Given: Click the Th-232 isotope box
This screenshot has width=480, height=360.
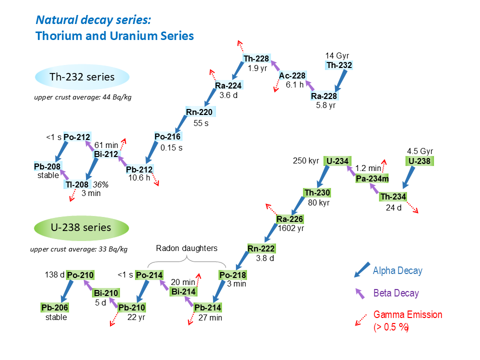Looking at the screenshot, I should (339, 65).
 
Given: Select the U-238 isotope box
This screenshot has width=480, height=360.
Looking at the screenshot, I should (419, 161).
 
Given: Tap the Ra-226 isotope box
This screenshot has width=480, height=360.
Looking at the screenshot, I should (290, 219).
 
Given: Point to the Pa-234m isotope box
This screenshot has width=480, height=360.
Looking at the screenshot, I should (372, 179).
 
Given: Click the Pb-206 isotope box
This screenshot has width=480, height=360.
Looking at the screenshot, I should (54, 307).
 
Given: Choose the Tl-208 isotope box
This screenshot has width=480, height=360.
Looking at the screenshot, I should (77, 185).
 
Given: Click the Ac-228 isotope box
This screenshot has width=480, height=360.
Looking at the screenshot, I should (292, 75).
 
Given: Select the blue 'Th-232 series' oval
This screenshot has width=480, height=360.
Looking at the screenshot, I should (82, 77).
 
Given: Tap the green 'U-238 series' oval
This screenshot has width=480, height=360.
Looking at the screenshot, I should (81, 227).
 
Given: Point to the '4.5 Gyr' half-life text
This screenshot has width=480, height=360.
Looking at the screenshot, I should (420, 151).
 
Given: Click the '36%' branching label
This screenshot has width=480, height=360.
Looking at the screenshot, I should (102, 184).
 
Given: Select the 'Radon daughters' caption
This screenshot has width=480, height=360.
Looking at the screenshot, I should (187, 248).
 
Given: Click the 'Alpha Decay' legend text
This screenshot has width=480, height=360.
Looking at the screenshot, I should (397, 271).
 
